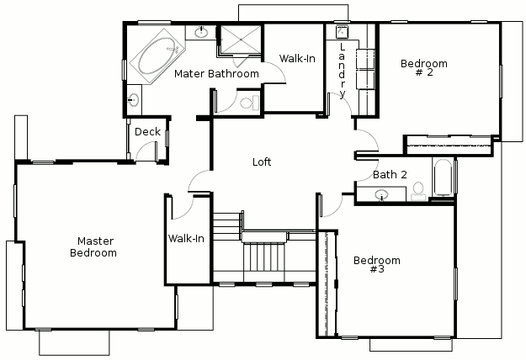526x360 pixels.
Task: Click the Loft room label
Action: (x=262, y=161)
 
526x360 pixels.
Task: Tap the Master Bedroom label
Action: (x=93, y=246)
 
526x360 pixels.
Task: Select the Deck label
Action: (x=147, y=132)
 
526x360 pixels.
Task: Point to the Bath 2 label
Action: (x=390, y=175)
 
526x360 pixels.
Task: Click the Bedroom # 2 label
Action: (x=424, y=67)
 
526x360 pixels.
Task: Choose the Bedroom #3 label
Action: (x=377, y=264)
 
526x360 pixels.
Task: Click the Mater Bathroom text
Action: (x=216, y=73)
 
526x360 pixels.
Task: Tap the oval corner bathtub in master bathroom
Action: (x=157, y=56)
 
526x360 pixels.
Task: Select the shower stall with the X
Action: (x=241, y=40)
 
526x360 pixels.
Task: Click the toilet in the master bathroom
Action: (x=250, y=103)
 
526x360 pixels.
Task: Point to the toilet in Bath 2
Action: (x=418, y=192)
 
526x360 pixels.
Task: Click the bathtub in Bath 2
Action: (x=444, y=177)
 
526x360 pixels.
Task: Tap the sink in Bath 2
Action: (x=381, y=194)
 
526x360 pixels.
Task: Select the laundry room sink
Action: (x=343, y=32)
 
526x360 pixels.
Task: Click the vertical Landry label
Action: (x=342, y=71)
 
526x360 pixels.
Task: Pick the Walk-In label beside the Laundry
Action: (x=297, y=59)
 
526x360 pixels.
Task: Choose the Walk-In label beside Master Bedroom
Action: (x=186, y=239)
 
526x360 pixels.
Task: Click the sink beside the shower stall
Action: (x=201, y=32)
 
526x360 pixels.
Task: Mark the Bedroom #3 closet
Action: (x=327, y=283)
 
